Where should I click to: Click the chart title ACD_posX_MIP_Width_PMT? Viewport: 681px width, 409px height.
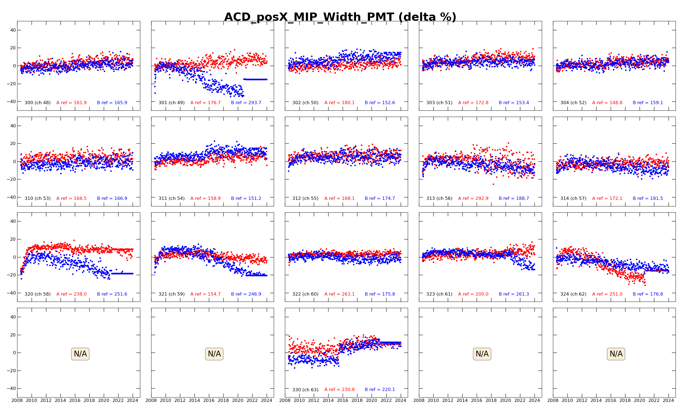[340, 17]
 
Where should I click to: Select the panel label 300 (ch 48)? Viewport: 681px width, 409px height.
[37, 103]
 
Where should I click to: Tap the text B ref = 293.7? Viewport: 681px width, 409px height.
[246, 103]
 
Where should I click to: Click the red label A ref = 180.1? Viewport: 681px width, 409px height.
[339, 103]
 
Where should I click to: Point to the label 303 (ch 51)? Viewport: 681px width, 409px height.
[439, 103]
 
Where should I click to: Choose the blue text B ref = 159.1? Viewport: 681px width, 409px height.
[648, 103]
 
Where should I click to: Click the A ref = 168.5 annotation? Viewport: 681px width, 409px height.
[71, 199]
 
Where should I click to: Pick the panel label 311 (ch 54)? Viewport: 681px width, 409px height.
[172, 199]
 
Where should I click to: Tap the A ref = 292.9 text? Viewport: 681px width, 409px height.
[473, 199]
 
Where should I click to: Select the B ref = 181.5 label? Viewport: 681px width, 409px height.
[648, 199]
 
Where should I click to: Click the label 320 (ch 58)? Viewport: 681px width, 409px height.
[37, 294]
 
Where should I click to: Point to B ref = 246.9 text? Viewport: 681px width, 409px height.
[246, 294]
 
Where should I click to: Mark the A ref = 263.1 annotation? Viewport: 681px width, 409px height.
[339, 294]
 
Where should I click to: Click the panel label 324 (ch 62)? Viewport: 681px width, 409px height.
[573, 294]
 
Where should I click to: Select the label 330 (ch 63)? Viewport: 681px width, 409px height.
[305, 390]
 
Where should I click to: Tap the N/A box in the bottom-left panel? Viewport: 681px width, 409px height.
[80, 354]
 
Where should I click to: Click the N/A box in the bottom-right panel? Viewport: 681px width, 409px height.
[616, 354]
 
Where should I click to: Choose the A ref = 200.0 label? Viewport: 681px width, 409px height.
[473, 294]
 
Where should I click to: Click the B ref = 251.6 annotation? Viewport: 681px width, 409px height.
[112, 294]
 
